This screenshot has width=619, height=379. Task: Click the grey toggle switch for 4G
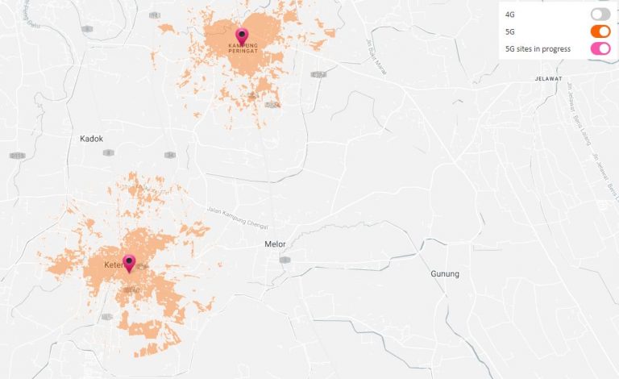tap(600, 14)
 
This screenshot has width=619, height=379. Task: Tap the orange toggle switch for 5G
tap(600, 31)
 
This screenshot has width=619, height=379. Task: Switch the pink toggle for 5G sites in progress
tap(600, 49)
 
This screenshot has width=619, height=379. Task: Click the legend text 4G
tap(510, 15)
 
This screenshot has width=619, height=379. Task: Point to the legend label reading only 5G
tap(510, 32)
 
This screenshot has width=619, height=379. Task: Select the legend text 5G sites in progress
tap(538, 49)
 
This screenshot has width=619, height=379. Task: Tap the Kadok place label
tap(92, 139)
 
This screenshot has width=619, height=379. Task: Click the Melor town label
tap(276, 244)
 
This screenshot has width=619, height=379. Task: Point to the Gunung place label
tap(445, 274)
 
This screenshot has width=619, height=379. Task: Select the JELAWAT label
tap(547, 79)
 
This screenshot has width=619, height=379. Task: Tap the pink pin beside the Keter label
tap(128, 263)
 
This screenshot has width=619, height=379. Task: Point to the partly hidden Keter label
tap(113, 265)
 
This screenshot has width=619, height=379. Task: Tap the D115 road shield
tap(17, 155)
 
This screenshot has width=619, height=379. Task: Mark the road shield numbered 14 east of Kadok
tap(169, 155)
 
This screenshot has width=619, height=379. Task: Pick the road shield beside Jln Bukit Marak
tap(319, 74)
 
